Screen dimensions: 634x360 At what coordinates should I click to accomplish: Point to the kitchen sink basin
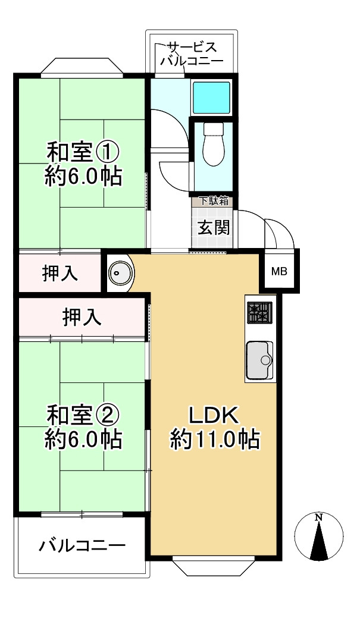(x=259, y=359)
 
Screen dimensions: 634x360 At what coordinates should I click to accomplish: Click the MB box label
(x=279, y=272)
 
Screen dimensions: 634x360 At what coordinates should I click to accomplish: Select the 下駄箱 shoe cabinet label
(x=212, y=201)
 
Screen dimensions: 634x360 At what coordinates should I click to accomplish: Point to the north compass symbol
(x=319, y=536)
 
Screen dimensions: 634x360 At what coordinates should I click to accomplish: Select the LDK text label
(x=214, y=415)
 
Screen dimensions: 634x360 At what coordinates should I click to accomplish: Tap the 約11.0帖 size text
(x=214, y=440)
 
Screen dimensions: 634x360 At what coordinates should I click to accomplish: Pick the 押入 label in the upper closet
(x=60, y=273)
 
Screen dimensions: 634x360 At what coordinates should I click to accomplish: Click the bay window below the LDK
(x=214, y=567)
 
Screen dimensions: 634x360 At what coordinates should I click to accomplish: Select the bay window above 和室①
(x=82, y=67)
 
